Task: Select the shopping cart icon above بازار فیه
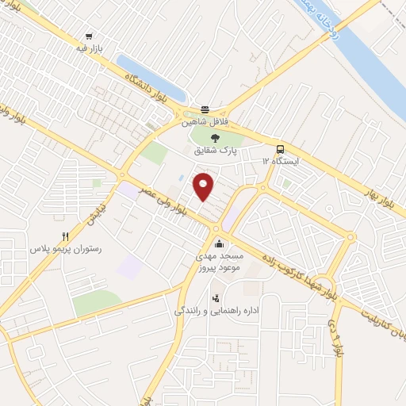(x=89, y=36)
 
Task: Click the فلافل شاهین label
(x=205, y=122)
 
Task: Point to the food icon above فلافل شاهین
(x=205, y=109)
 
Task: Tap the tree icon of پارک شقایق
(x=215, y=139)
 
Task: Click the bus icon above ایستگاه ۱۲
(x=279, y=149)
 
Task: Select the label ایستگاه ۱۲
(x=278, y=162)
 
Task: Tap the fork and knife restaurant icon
(x=67, y=236)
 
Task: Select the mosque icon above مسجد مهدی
(x=219, y=244)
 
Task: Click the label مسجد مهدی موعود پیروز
(x=219, y=263)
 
